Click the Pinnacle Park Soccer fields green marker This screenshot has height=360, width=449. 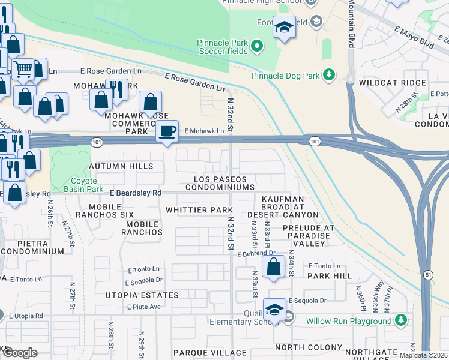[257, 46]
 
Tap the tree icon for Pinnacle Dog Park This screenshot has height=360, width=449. [328, 74]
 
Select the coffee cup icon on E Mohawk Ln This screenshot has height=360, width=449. [167, 131]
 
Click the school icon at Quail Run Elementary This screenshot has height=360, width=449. [274, 310]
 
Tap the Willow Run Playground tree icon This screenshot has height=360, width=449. [402, 320]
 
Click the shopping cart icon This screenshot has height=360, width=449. [23, 69]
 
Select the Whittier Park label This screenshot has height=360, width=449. [199, 210]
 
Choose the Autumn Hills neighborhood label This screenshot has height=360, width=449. [121, 166]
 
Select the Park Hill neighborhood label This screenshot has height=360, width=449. [329, 276]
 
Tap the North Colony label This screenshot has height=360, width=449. [308, 347]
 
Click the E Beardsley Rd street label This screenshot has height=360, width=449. [136, 193]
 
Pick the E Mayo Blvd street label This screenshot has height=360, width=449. [414, 36]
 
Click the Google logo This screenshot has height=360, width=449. [20, 353]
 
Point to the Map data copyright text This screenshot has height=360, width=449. [423, 355]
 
